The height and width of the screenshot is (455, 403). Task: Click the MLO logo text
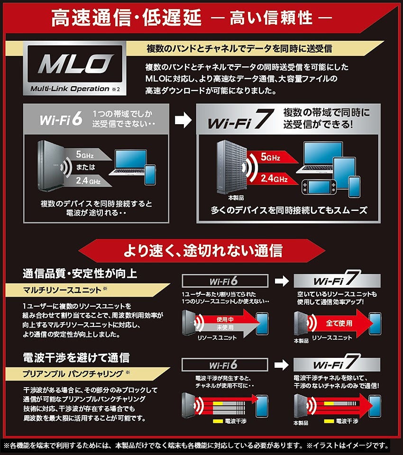click(x=75, y=64)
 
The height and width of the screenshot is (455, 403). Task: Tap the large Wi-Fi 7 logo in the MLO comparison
click(x=241, y=119)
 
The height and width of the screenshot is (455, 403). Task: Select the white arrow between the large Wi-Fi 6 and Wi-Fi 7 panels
click(x=183, y=120)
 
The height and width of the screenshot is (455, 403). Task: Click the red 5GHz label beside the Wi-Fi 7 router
click(x=270, y=157)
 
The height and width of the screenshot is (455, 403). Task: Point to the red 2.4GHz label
click(x=274, y=178)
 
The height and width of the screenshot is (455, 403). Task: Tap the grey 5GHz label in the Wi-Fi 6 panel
click(x=85, y=155)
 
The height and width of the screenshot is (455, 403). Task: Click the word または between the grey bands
click(x=86, y=167)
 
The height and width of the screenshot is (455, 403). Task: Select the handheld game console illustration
click(x=319, y=187)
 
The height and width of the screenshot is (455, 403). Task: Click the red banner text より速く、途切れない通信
click(x=203, y=250)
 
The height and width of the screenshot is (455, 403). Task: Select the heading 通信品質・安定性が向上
click(x=80, y=273)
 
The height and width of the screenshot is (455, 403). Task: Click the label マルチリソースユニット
click(x=62, y=290)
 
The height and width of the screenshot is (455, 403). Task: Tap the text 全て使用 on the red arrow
click(x=339, y=323)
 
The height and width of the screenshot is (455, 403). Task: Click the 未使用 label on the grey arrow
click(x=225, y=328)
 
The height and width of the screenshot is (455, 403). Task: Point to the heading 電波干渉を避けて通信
click(x=76, y=357)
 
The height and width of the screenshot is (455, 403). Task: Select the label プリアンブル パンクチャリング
click(x=73, y=374)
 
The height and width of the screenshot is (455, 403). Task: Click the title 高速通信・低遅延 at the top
click(x=126, y=18)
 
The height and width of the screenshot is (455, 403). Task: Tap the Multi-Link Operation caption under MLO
click(x=70, y=89)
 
